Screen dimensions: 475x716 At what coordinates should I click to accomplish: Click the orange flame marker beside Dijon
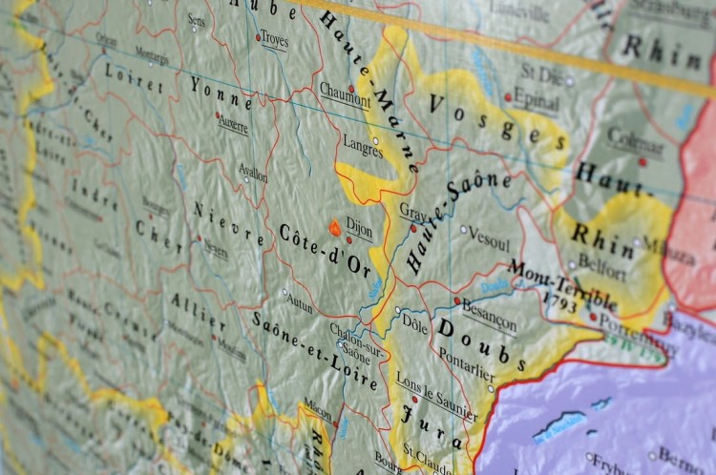[335, 227]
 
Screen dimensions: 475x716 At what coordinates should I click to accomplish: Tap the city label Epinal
[536, 97]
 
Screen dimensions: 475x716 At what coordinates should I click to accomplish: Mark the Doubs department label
[482, 344]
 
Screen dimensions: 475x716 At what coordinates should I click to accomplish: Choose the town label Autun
[299, 305]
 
